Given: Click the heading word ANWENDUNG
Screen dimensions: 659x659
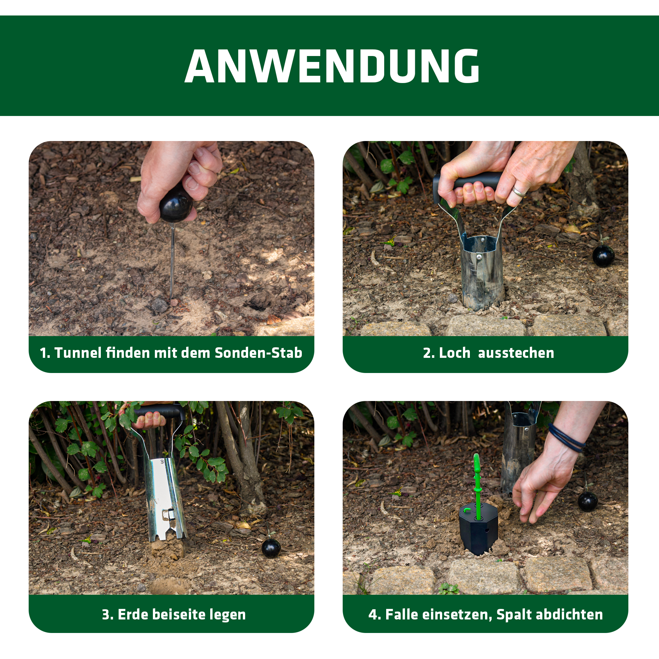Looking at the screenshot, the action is click(332, 66).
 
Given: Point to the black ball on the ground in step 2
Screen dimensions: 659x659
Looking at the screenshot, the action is click(603, 255).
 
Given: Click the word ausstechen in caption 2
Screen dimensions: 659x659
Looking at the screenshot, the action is click(516, 353).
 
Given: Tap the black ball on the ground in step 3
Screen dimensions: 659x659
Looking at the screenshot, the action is click(271, 548).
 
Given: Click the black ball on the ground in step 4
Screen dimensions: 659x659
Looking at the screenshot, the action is click(588, 502).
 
